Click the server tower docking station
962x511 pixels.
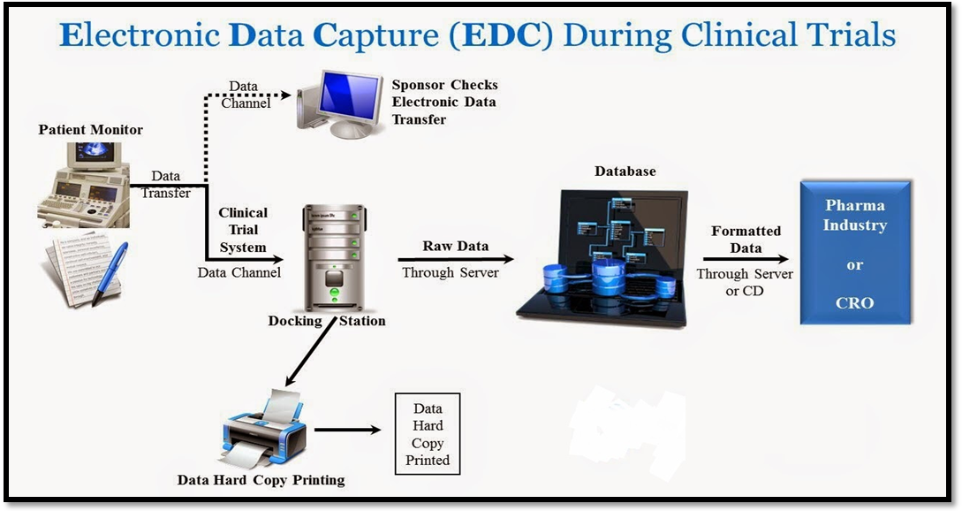tap(333, 256)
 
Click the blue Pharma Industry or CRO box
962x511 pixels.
tap(854, 253)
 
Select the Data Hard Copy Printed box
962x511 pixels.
tap(427, 435)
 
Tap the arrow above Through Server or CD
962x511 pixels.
tap(745, 260)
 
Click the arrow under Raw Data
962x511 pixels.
tap(455, 260)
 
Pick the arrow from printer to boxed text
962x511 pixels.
tap(346, 431)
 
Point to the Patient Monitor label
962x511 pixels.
tap(91, 130)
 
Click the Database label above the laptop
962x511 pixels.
tap(625, 172)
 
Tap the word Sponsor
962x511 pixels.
tap(418, 86)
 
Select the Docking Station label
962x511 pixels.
tap(327, 321)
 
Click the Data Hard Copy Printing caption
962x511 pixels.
tap(261, 480)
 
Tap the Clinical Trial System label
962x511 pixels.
tap(243, 230)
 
